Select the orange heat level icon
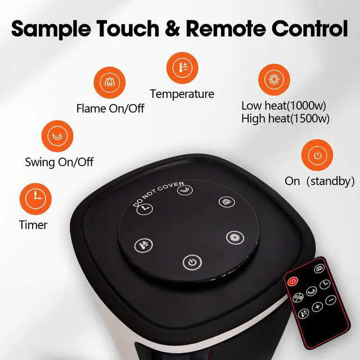(273, 79)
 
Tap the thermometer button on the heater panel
(143, 245)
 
